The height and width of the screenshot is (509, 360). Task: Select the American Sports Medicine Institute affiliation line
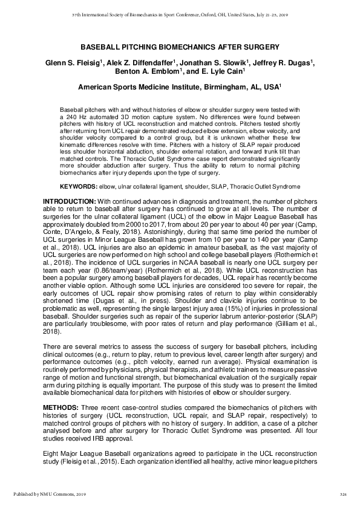(x=180, y=87)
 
